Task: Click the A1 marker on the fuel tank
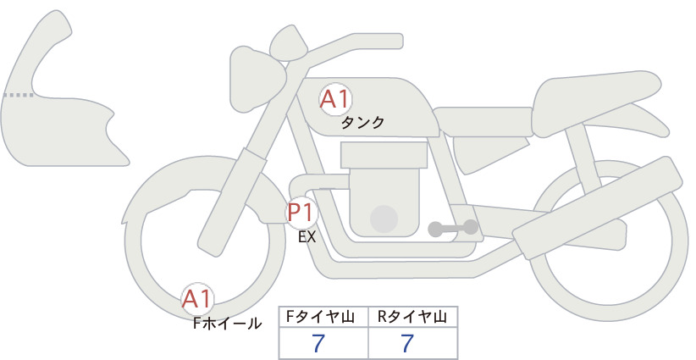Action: click(335, 99)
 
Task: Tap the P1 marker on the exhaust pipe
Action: click(301, 213)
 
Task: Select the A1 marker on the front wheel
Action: click(197, 299)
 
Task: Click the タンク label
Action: click(362, 123)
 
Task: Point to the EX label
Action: click(307, 237)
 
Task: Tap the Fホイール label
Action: click(227, 324)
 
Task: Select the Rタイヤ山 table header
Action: click(412, 317)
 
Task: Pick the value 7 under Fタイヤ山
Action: click(318, 343)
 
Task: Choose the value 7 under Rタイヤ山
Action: click(407, 343)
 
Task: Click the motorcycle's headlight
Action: click(257, 79)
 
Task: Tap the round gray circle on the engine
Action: click(384, 219)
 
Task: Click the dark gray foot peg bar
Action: click(453, 228)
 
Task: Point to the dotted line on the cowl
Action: click(18, 95)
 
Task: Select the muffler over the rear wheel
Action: click(598, 208)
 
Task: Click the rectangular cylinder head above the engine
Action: click(384, 155)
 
